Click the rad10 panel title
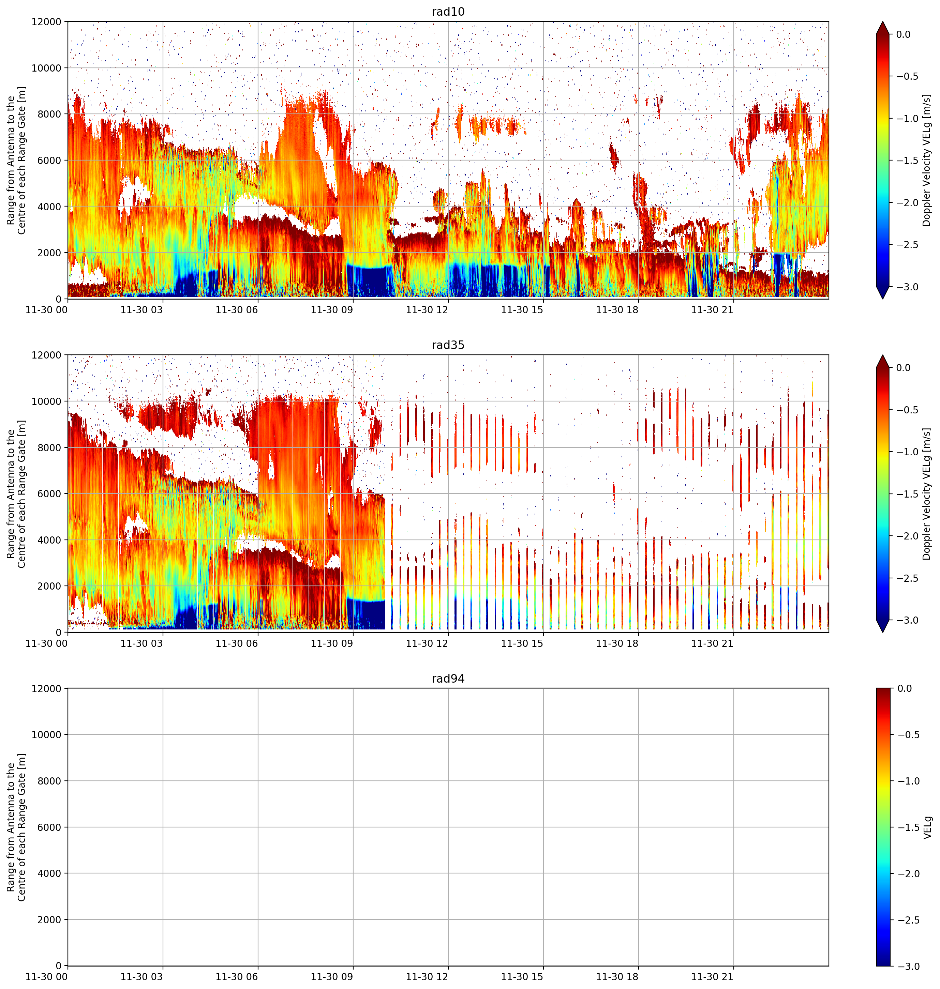point(448,12)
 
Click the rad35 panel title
point(448,345)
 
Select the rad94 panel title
point(448,679)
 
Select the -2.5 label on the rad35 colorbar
point(907,578)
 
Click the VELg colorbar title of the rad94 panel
point(927,827)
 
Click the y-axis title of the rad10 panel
point(16,160)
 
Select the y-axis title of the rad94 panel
point(16,827)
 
